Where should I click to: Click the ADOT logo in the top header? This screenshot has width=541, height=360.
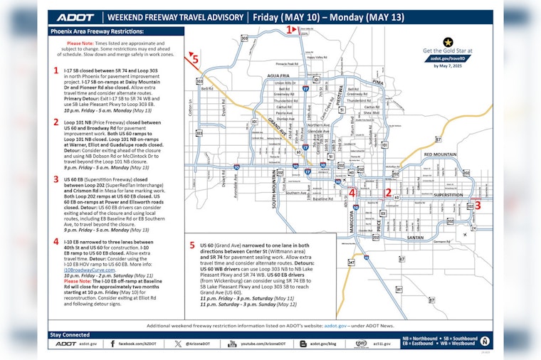point(75,17)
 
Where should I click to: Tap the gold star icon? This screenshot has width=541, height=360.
point(448,42)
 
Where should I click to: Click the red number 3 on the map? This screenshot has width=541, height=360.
point(478,205)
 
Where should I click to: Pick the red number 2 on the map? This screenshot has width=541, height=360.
point(389,192)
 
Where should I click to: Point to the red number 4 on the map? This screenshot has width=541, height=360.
point(352,192)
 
